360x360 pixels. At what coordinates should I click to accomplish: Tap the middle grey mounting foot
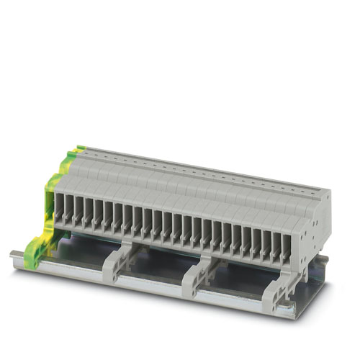point(197,272)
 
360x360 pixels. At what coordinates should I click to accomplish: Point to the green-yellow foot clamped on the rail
point(34,249)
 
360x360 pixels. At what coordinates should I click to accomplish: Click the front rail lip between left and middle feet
point(155,282)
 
